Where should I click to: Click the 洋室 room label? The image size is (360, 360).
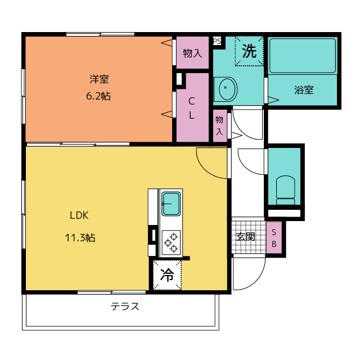(99, 79)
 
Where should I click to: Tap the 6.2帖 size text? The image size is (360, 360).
(98, 96)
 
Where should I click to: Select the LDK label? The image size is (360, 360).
(79, 215)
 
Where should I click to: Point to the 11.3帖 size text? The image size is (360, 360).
(80, 237)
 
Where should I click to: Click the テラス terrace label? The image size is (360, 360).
(125, 306)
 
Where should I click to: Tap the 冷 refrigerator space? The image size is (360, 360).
(167, 275)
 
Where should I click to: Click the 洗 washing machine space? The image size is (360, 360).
(249, 51)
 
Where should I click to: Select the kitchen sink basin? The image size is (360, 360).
(171, 204)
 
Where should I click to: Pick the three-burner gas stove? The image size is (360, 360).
(171, 242)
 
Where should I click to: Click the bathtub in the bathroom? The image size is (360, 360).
(303, 56)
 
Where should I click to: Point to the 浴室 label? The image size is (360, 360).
(304, 90)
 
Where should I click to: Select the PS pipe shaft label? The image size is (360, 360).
(217, 41)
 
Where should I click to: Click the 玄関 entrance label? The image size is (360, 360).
(246, 236)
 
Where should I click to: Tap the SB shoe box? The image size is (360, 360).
(274, 237)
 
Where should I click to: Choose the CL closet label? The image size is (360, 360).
(191, 108)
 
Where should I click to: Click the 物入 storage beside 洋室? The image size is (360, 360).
(192, 53)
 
